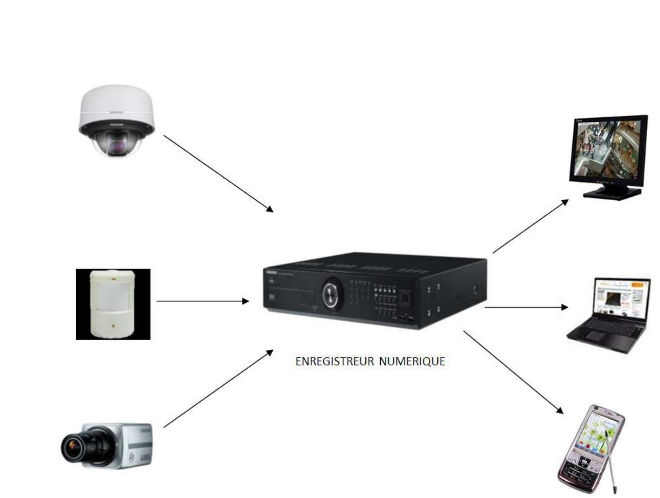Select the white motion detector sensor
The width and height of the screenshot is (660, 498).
pos(113,304)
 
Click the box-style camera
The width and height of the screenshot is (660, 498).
pos(108,446)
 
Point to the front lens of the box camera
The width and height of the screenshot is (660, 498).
pos(71,447)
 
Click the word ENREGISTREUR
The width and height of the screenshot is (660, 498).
pos(334,362)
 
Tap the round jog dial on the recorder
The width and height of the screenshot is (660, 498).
pos(332,293)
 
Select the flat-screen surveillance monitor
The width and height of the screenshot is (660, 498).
pos(609,153)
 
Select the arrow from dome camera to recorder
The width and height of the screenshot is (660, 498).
pos(218,173)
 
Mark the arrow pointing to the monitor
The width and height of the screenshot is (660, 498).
pos(530,226)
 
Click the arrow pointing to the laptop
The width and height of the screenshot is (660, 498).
pos(526,307)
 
